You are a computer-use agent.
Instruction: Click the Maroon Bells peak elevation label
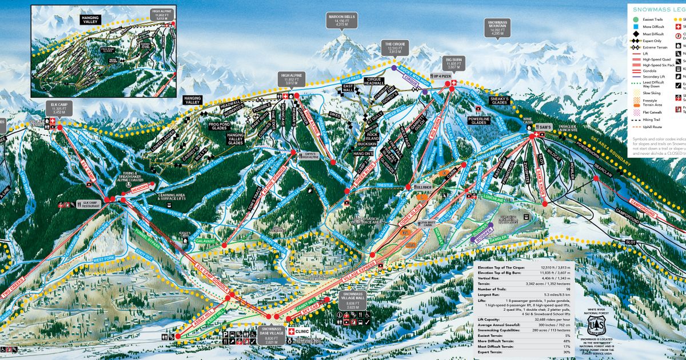pos(341,21)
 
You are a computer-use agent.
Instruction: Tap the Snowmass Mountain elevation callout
pos(497,28)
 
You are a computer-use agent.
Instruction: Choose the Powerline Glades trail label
pos(479,119)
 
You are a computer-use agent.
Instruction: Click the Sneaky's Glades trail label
pos(500,101)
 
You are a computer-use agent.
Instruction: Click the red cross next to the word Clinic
pos(290,331)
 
